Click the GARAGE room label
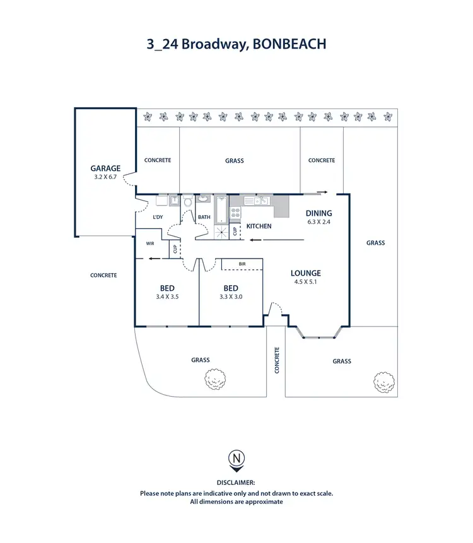pyautogui.click(x=105, y=168)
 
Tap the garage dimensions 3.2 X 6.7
pyautogui.click(x=105, y=177)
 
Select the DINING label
pyautogui.click(x=319, y=213)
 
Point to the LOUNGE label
pyautogui.click(x=306, y=273)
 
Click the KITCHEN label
pyautogui.click(x=259, y=226)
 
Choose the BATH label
pyautogui.click(x=204, y=218)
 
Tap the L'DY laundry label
pyautogui.click(x=158, y=218)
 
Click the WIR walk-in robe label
pyautogui.click(x=150, y=243)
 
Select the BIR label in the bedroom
pyautogui.click(x=242, y=264)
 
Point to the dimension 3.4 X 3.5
pyautogui.click(x=167, y=296)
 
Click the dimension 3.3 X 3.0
pyautogui.click(x=231, y=296)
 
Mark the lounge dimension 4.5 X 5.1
pyautogui.click(x=306, y=282)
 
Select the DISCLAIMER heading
pyautogui.click(x=237, y=483)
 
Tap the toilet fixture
pyautogui.click(x=187, y=201)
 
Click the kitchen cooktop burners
pyautogui.click(x=235, y=213)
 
